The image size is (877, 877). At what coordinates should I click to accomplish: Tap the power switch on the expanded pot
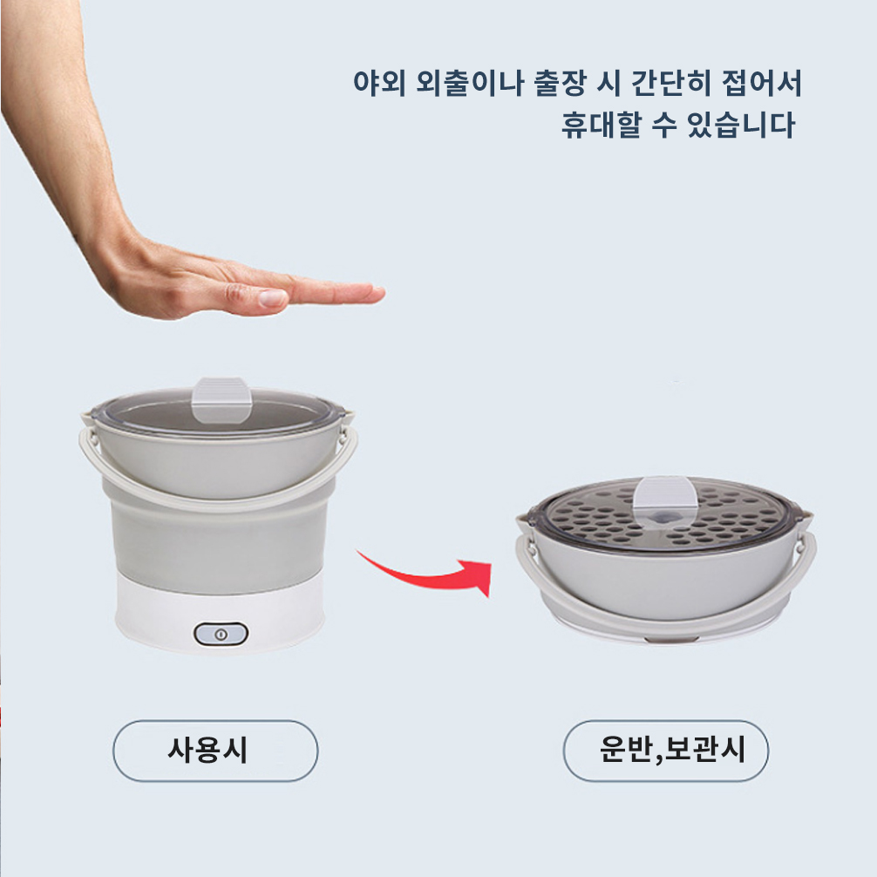[x=221, y=635]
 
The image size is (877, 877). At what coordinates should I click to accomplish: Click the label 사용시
[x=207, y=750]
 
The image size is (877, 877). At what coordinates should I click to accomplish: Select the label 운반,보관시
[x=672, y=750]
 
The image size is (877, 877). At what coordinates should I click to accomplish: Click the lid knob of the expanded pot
[x=221, y=398]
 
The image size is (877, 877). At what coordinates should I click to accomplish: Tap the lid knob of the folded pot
[x=665, y=498]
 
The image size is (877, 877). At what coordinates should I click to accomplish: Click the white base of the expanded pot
[x=221, y=615]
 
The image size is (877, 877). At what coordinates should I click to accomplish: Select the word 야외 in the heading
[x=378, y=84]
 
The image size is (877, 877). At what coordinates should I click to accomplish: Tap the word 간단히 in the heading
[x=670, y=84]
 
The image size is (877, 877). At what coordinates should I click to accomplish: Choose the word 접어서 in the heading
[x=762, y=84]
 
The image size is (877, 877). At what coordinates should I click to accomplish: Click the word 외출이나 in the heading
[x=471, y=84]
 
